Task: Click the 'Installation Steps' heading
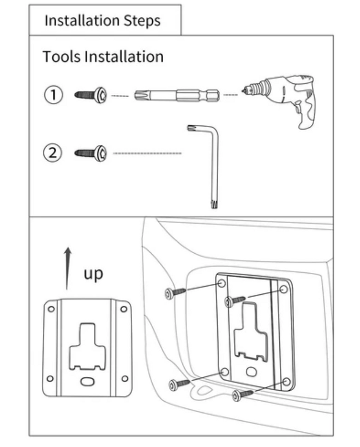point(102,21)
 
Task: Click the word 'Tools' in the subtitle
point(62,57)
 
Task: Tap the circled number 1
point(54,94)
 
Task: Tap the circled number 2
point(52,153)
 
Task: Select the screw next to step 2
point(91,153)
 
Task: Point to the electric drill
point(288,98)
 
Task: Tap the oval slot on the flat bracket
point(87,381)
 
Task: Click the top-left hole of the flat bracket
point(51,309)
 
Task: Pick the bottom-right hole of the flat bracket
point(124,378)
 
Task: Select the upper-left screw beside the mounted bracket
point(175,293)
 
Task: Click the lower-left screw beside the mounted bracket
point(179,384)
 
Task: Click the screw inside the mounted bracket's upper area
point(236,301)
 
